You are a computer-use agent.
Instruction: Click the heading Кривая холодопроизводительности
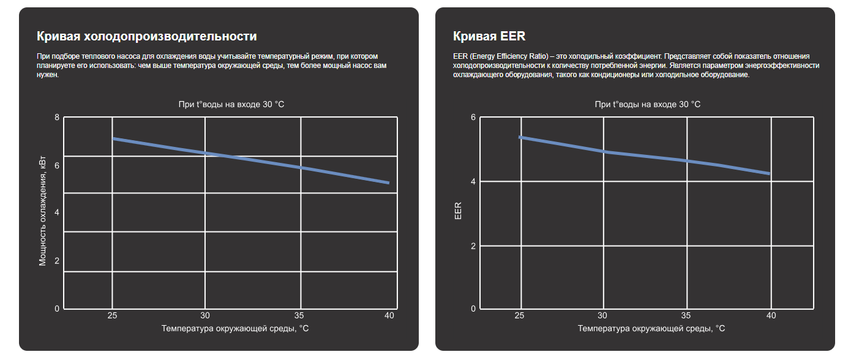[146, 36]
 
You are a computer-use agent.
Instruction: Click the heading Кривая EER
[489, 36]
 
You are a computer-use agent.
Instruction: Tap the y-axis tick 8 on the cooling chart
[57, 118]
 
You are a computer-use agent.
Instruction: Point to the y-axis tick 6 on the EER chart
[473, 118]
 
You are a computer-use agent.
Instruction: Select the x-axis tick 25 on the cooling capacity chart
[112, 316]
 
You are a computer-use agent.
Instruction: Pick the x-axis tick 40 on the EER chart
[771, 316]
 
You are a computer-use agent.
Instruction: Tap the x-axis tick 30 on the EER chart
[603, 316]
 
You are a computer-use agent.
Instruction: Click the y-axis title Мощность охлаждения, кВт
[43, 212]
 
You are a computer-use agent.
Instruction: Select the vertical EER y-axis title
[459, 212]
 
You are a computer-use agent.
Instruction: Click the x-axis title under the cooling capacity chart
[235, 329]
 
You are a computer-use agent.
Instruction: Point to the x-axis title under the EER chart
[651, 329]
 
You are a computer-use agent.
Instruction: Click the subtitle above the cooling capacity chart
[231, 105]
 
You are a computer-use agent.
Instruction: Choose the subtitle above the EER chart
[648, 105]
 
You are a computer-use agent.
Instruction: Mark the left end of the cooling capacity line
[113, 139]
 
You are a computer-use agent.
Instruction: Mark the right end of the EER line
[769, 173]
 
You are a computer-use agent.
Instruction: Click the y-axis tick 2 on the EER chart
[473, 246]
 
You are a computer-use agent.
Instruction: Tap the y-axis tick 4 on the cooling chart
[57, 212]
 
